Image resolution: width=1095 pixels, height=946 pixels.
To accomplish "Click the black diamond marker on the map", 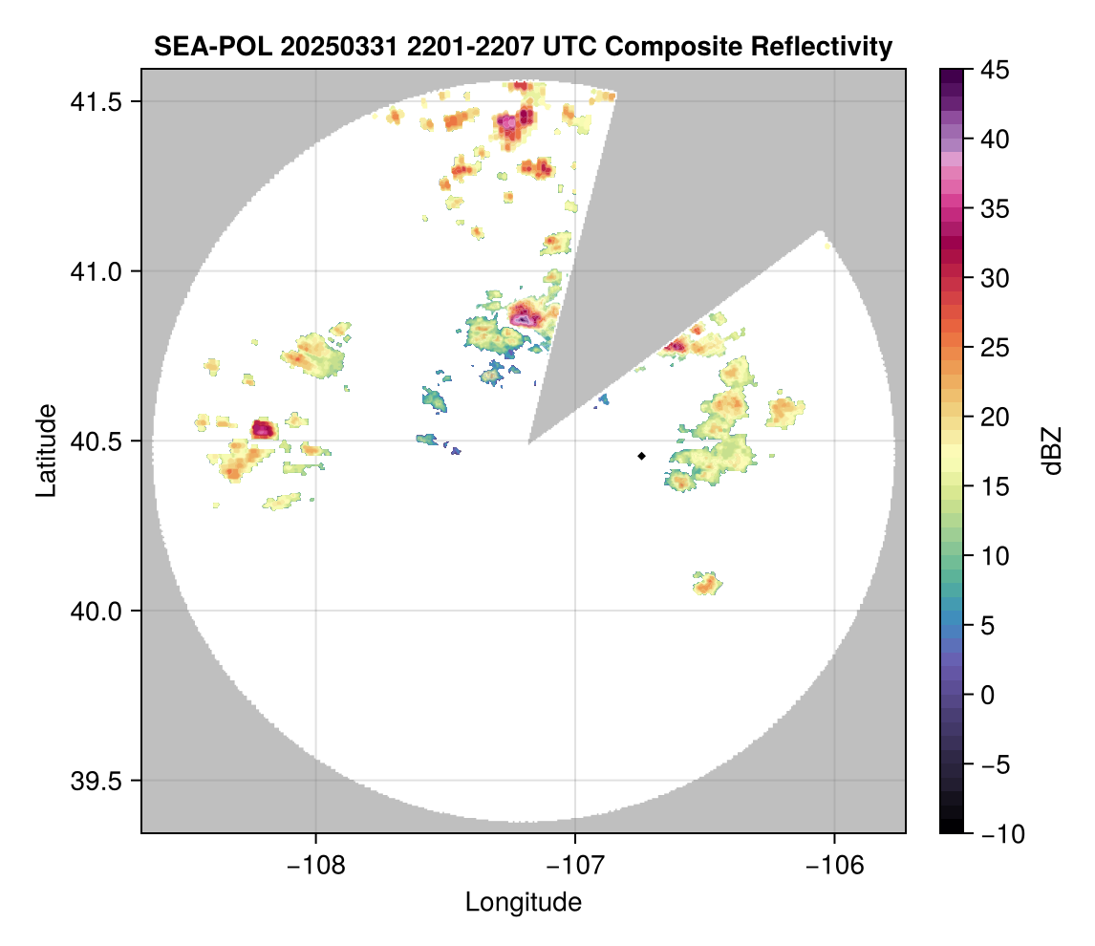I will pos(641,456).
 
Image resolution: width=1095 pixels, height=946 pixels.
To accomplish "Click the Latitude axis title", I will pos(46,450).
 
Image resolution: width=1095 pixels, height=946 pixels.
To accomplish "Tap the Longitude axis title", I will pos(524,902).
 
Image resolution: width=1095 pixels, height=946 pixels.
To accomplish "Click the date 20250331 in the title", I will pos(315,46).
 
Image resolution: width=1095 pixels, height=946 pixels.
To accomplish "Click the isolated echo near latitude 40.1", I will pos(707,582).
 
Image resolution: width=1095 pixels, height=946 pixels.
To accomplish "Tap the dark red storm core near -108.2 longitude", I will pos(263,429).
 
